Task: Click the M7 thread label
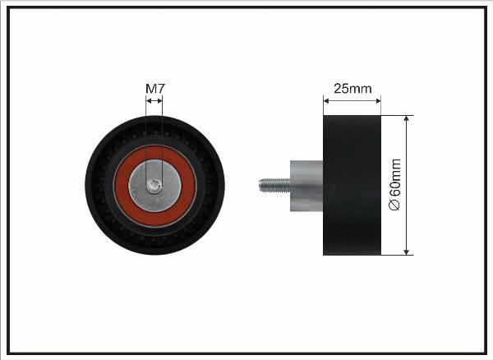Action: click(155, 89)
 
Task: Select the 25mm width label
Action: click(352, 89)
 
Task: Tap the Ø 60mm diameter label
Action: click(394, 185)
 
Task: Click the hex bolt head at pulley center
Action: click(154, 186)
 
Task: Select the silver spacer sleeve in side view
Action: click(306, 186)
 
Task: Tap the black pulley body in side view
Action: click(352, 185)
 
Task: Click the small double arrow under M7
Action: click(154, 100)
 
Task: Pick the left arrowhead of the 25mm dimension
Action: click(326, 101)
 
